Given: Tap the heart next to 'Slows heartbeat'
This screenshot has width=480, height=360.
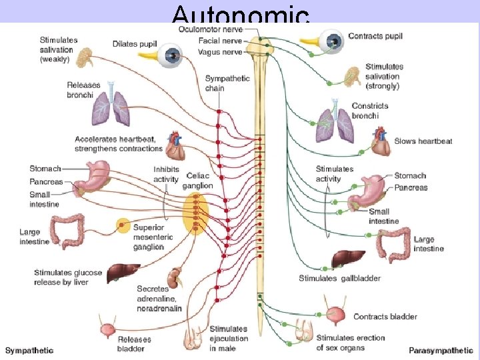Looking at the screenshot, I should [x=381, y=141].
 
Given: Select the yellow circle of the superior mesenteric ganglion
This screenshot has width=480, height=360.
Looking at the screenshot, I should [x=123, y=226].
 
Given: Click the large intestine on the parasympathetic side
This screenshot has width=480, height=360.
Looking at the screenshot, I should [x=394, y=245].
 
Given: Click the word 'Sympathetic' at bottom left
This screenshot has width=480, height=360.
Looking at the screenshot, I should [x=29, y=350].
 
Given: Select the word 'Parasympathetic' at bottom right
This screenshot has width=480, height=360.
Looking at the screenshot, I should [x=441, y=350].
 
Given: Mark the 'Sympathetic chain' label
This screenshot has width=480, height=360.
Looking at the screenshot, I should [x=227, y=83].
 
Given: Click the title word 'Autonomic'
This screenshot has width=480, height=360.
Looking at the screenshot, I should [x=240, y=15].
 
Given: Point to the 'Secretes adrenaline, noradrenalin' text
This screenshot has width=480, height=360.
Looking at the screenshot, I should [x=160, y=298].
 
